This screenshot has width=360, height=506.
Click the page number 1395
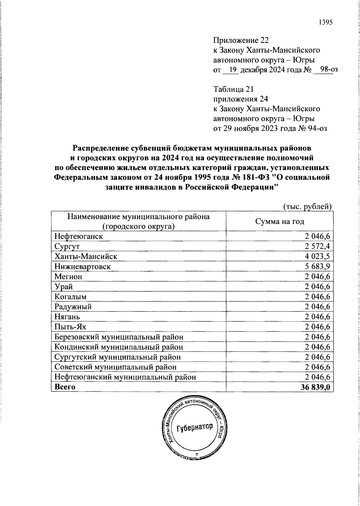pos(325,23)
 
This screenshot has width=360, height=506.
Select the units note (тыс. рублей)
pos(307,206)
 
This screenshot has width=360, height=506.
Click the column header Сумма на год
pos(280,221)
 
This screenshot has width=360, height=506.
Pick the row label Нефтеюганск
pos(79,236)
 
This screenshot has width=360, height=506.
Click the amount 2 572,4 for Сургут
pos(317,246)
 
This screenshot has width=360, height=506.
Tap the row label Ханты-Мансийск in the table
pos(86,256)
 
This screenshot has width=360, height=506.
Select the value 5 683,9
pos(317,267)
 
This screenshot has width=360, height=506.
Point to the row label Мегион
pos(68,276)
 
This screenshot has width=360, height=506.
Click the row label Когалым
pos(70,297)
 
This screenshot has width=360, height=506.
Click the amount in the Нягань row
pos(317,317)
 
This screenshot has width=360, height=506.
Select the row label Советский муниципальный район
pos(115,367)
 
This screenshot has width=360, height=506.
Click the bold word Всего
pos(65,387)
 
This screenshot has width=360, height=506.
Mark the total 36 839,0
pos(315,387)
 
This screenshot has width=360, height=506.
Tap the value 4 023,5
pos(317,256)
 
